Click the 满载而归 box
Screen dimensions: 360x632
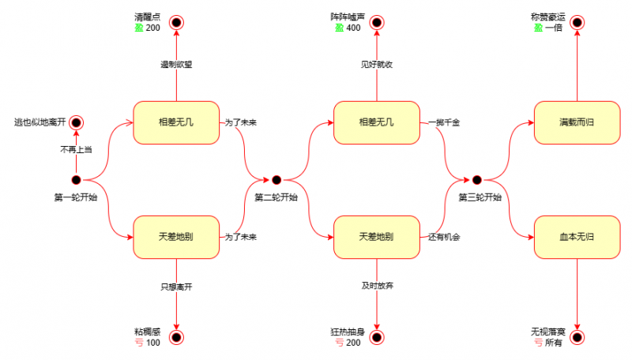576,122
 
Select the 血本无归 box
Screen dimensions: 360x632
576,237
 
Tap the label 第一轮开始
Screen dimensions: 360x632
76,197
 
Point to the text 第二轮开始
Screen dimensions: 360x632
276,197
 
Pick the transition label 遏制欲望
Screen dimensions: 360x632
176,65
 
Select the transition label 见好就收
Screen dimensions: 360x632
377,65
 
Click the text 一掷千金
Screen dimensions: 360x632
444,122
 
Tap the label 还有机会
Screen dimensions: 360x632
444,237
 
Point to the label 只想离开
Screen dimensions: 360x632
176,287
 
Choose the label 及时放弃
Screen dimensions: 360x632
377,287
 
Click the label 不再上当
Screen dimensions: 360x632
76,150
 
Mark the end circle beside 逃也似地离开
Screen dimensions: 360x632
76,122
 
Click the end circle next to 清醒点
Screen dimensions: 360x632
176,22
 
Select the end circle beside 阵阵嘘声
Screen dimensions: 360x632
377,22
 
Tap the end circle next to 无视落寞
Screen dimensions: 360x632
577,338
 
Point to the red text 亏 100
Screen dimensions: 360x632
147,343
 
